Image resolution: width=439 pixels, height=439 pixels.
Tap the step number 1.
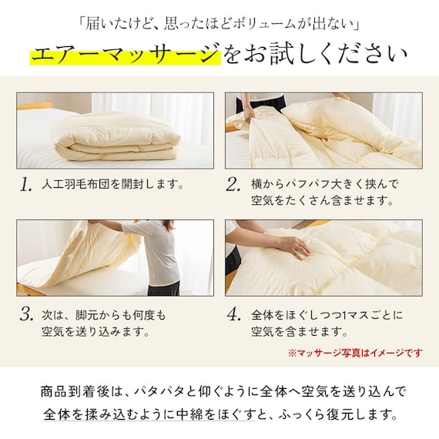click(27, 186)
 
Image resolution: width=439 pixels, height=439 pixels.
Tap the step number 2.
click(233, 186)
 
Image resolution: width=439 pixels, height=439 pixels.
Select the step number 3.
click(27, 315)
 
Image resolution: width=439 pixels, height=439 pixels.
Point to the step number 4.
click(233, 315)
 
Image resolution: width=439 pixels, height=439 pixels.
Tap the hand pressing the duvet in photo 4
click(295, 245)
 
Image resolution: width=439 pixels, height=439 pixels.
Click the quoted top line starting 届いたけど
click(219, 20)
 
